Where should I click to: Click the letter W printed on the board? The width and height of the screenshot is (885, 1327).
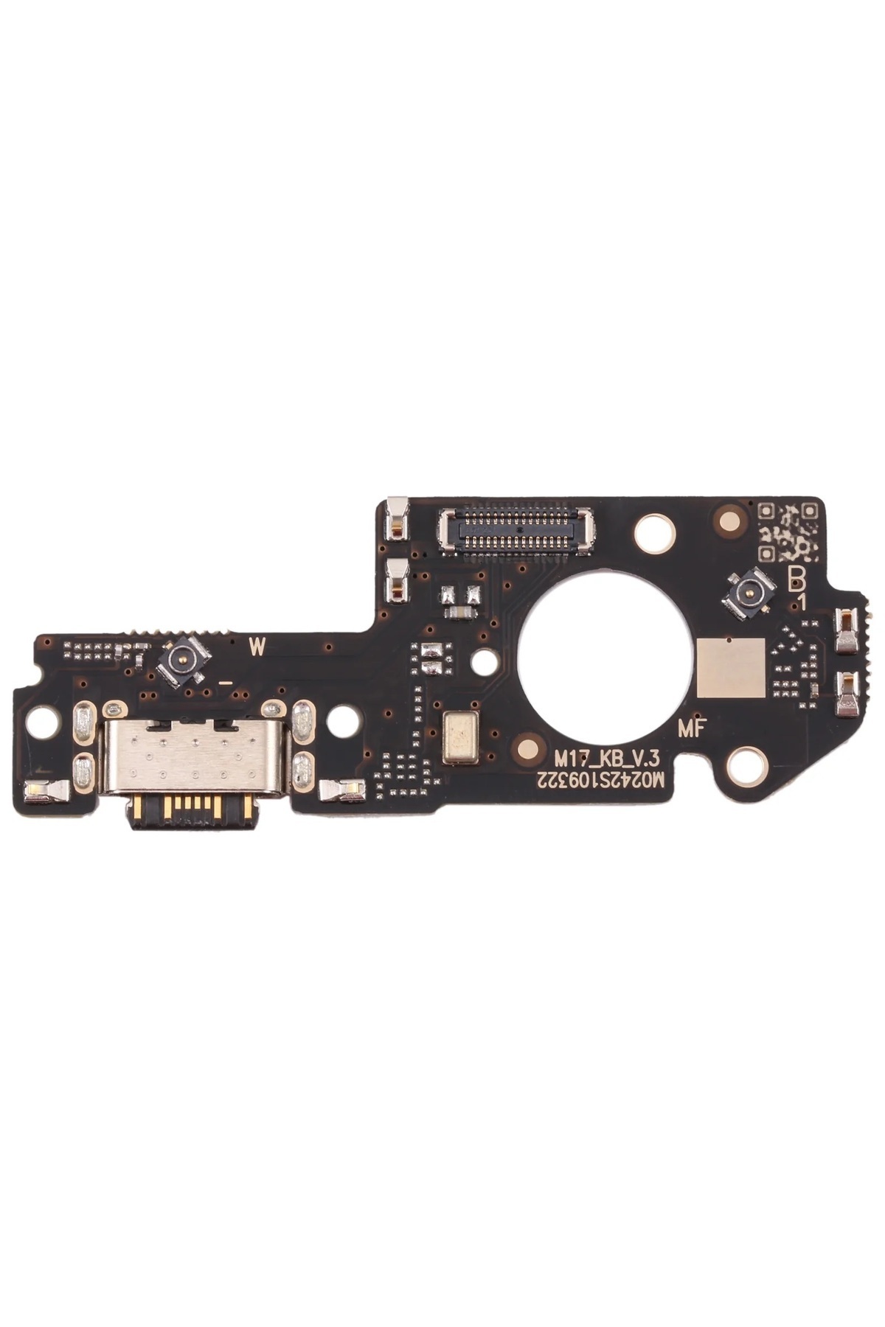[257, 647]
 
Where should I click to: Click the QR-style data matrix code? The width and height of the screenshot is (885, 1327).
[788, 529]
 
